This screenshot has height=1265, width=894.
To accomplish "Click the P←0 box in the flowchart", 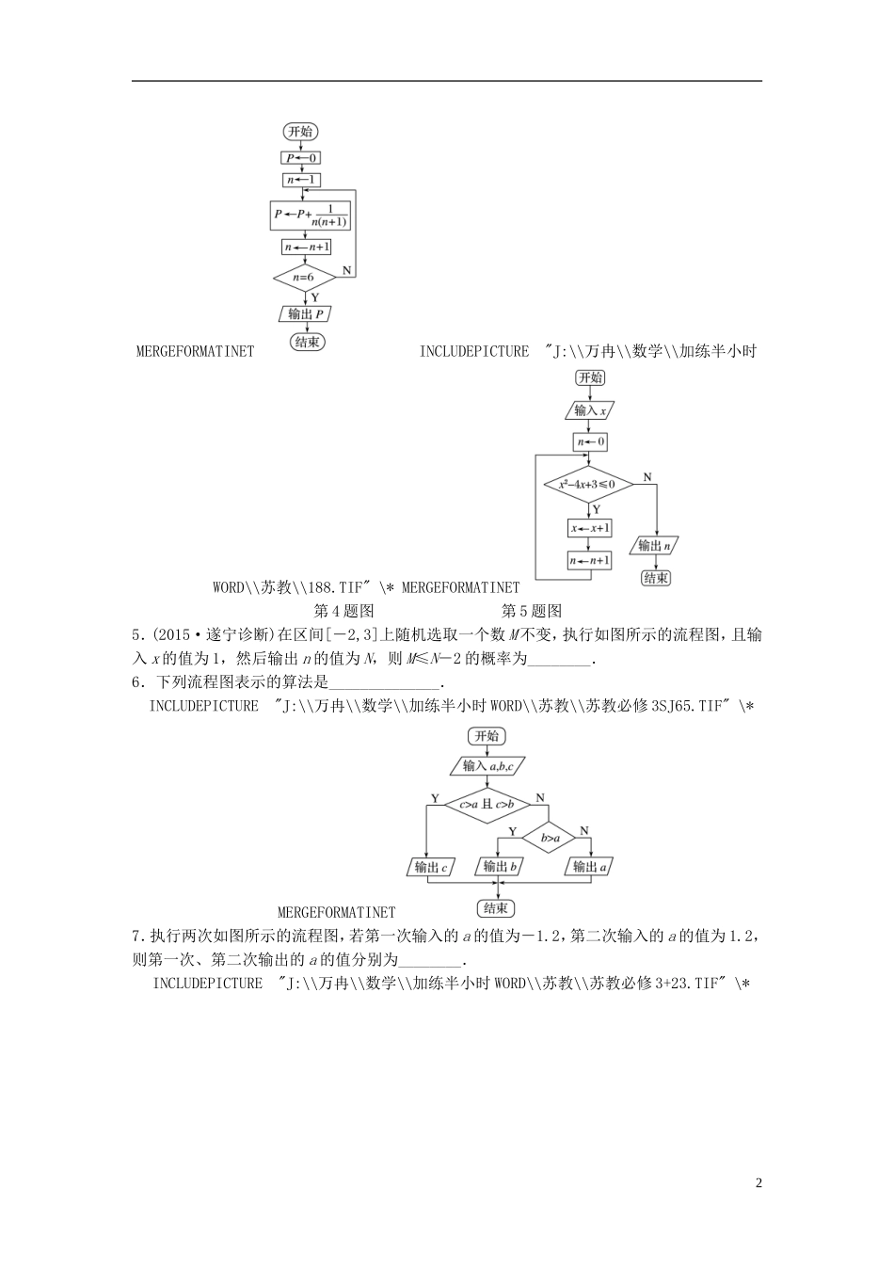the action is point(302,158).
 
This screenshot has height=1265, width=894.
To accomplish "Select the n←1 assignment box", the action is point(302,180).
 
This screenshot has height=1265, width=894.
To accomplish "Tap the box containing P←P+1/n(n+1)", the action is point(310,215).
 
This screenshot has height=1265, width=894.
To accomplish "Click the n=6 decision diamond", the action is point(304,278).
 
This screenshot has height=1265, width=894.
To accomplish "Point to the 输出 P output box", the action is point(307,314).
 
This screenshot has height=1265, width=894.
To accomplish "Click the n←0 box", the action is point(590,441).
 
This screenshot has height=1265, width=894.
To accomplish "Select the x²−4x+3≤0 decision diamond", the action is point(588,485).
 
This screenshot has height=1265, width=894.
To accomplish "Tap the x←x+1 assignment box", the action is point(590,528).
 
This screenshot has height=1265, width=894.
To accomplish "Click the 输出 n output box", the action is point(656,545).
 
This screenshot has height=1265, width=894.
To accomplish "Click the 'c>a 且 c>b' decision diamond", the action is point(486,804).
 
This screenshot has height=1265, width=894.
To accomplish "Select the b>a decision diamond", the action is point(549,837).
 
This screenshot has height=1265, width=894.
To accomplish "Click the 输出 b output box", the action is point(501,867).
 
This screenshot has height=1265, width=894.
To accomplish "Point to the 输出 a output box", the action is point(590,867).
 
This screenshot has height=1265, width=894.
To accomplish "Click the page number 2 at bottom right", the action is point(758,1183).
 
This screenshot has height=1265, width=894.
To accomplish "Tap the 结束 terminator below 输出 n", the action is point(656,578).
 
